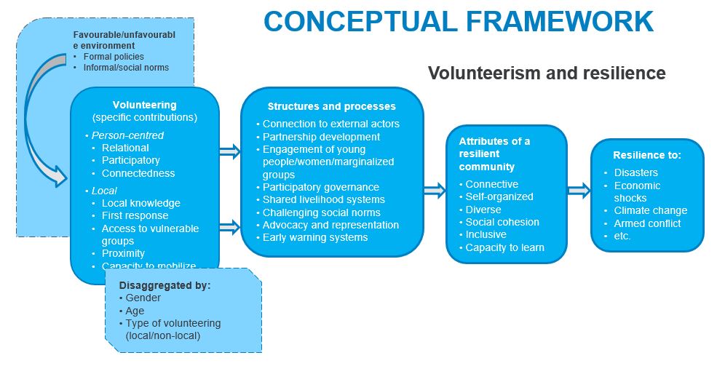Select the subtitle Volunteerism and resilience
pos(546,73)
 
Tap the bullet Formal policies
pos(114,56)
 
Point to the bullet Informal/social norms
pos(126,68)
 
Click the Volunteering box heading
pos(144,105)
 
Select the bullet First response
pos(135,215)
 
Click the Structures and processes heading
pos(331,106)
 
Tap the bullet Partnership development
pos(321,137)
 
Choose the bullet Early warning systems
pos(315,237)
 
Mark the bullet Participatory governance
pos(321,187)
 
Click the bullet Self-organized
pos(499,196)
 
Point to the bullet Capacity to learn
pos(504,247)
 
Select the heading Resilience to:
pos(647,155)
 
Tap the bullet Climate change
pos(650,210)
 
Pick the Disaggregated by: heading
pos(165,285)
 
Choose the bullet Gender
pos(143,298)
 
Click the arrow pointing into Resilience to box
pos(579,191)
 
